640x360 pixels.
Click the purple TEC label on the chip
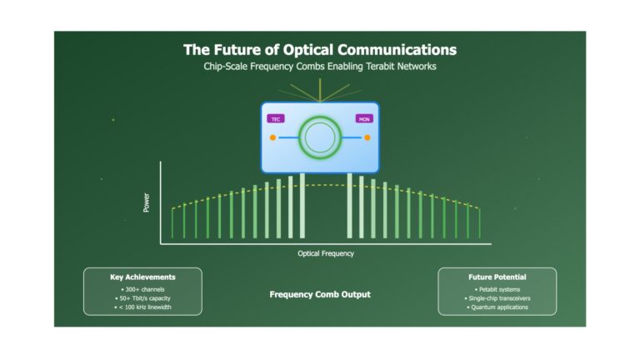[x=276, y=119]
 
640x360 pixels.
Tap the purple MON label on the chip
[x=364, y=119]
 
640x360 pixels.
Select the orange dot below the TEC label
[x=272, y=137]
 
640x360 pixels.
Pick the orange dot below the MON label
[x=367, y=137]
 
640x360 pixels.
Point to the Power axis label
[x=146, y=202]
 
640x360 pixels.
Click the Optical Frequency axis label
[x=326, y=253]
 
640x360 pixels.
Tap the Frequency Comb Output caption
[x=320, y=294]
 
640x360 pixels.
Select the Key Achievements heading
[x=142, y=277]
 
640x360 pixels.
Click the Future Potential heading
[x=497, y=277]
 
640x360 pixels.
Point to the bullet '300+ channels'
[x=142, y=289]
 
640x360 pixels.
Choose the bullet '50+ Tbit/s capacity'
[x=142, y=298]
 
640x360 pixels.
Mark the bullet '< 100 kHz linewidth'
[x=142, y=307]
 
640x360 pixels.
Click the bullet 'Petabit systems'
[x=497, y=289]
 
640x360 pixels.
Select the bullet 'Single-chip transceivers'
[x=497, y=298]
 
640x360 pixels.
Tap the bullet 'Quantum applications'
[x=497, y=307]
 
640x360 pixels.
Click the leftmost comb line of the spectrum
[x=172, y=223]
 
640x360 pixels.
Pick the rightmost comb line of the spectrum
[x=480, y=223]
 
